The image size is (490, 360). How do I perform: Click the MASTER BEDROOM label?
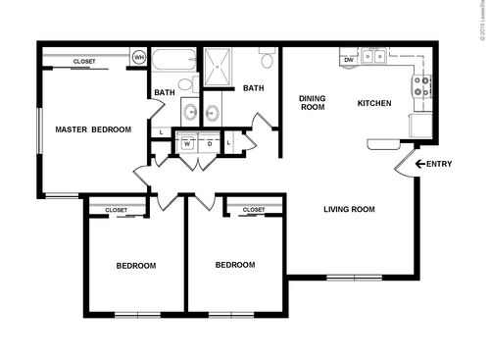tap(93, 129)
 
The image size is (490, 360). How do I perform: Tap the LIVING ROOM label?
tap(350, 208)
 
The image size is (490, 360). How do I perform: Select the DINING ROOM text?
tap(312, 102)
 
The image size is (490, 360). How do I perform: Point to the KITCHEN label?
tap(374, 103)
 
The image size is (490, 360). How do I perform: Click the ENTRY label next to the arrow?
tap(440, 164)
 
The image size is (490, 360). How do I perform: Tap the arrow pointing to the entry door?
tap(420, 164)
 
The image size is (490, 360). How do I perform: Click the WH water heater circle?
tap(139, 58)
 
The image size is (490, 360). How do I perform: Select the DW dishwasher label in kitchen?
tap(348, 60)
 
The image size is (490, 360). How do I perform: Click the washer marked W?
tap(186, 143)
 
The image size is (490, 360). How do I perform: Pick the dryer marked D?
tap(209, 143)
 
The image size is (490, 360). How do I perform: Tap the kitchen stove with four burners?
tap(421, 86)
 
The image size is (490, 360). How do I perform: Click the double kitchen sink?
tap(374, 57)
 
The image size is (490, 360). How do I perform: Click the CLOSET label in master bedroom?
tap(84, 62)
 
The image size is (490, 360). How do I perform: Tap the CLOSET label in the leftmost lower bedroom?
tap(117, 210)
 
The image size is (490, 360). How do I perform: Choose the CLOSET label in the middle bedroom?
tap(254, 210)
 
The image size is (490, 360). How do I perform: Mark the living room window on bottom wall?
tap(354, 278)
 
